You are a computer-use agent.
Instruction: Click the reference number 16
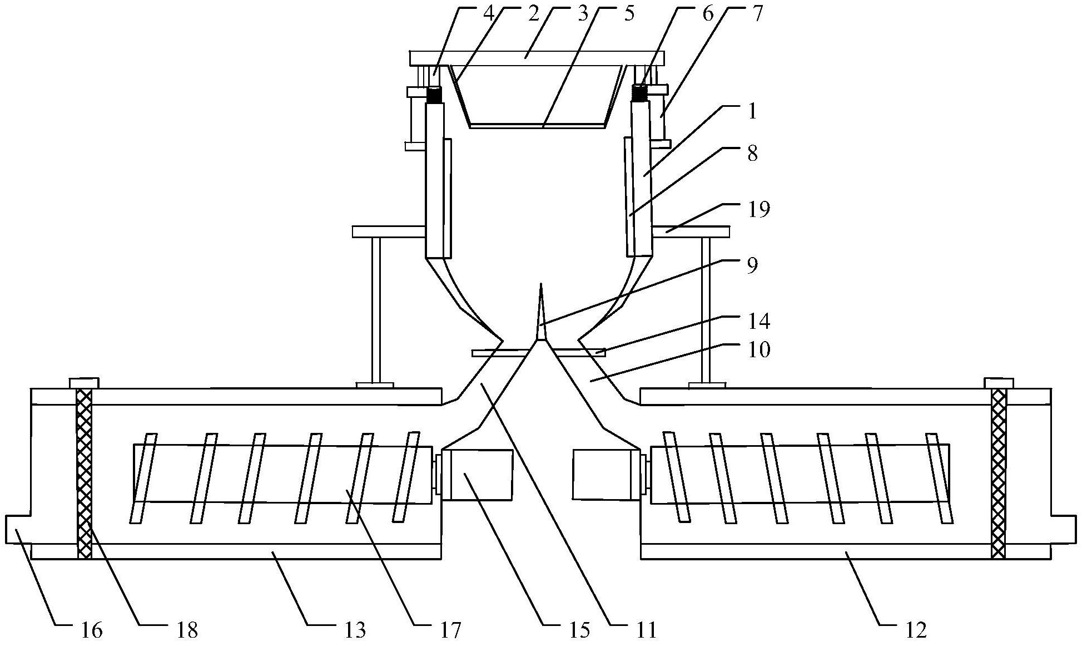(x=91, y=630)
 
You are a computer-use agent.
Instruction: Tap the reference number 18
(x=186, y=630)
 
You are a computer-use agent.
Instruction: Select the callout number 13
(x=355, y=630)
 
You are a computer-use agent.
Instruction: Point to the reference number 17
(x=449, y=630)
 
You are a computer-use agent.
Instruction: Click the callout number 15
(x=578, y=630)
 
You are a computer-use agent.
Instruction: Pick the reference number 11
(x=646, y=630)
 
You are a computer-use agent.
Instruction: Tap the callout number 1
(x=752, y=111)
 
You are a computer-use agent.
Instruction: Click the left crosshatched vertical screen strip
(x=84, y=473)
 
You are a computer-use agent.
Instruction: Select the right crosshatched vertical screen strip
(x=999, y=473)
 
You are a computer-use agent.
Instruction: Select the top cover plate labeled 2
(x=537, y=58)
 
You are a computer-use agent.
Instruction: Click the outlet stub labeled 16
(x=18, y=529)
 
